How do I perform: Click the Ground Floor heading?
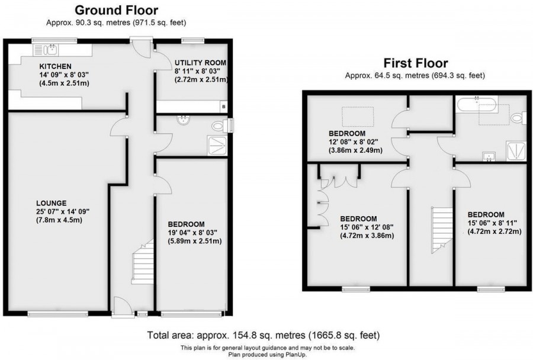(116, 10)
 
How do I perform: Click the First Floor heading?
(415, 63)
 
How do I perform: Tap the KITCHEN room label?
(56, 66)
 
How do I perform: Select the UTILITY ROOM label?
(200, 62)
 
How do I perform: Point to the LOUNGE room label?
(50, 202)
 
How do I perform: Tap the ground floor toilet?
(220, 126)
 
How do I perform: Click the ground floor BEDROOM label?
(186, 224)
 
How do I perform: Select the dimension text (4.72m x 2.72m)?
(494, 232)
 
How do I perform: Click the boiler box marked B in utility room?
(223, 107)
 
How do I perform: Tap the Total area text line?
(263, 335)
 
